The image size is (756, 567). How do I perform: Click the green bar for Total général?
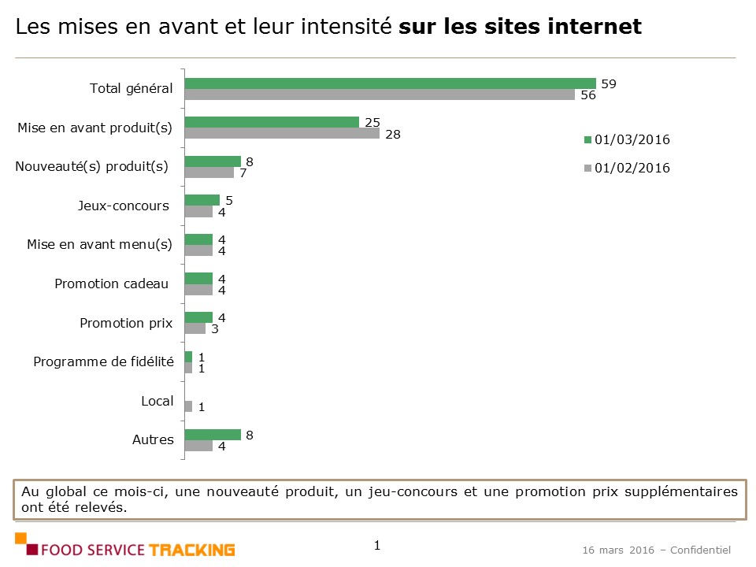pos(390,83)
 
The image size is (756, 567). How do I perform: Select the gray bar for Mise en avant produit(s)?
pos(282,134)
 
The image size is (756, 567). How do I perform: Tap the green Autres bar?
pos(213,435)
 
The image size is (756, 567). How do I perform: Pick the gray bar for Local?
pos(188,406)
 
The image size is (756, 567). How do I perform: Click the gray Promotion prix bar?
pos(195,328)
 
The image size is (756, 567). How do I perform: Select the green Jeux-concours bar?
pos(202,200)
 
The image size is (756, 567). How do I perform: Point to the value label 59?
pos(608,83)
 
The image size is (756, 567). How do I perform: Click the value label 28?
pos(393,134)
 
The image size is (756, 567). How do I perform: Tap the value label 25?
pos(372,121)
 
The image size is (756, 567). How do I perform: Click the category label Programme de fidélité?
pos(103,362)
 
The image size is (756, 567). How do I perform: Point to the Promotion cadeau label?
pos(111,283)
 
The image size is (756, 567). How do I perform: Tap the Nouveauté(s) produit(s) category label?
pos(92,166)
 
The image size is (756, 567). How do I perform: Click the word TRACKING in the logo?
pos(192,550)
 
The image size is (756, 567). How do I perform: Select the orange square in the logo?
pos(21,539)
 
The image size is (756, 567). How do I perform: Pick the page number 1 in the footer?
pos(377,545)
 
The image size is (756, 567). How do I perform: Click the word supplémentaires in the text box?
pos(681,491)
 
